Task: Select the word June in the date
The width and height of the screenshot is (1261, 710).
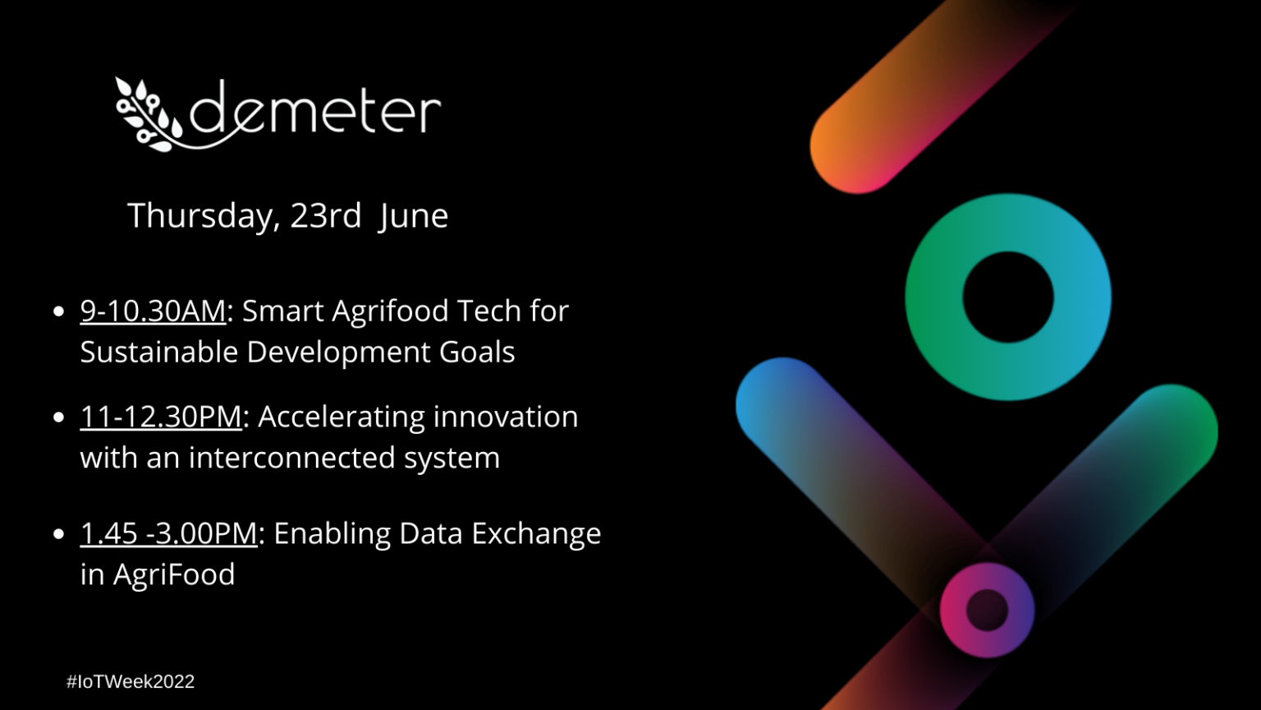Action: point(414,216)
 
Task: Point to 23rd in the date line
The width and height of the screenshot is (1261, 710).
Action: point(325,214)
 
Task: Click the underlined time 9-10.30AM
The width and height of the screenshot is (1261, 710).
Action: point(153,311)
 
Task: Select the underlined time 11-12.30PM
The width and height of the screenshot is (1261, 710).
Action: point(161,417)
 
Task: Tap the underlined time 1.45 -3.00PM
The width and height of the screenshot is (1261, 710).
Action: point(169,533)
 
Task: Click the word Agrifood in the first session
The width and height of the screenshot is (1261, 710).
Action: point(390,311)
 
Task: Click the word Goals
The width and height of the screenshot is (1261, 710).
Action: point(477,352)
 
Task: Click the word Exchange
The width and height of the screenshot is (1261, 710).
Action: point(536,534)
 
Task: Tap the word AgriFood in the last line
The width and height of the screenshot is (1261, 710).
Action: point(174,574)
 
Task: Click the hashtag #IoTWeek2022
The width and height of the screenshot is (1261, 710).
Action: point(131,681)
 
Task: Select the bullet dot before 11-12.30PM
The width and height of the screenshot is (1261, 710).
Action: point(58,417)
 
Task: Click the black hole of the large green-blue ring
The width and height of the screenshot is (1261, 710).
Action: point(1007,297)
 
